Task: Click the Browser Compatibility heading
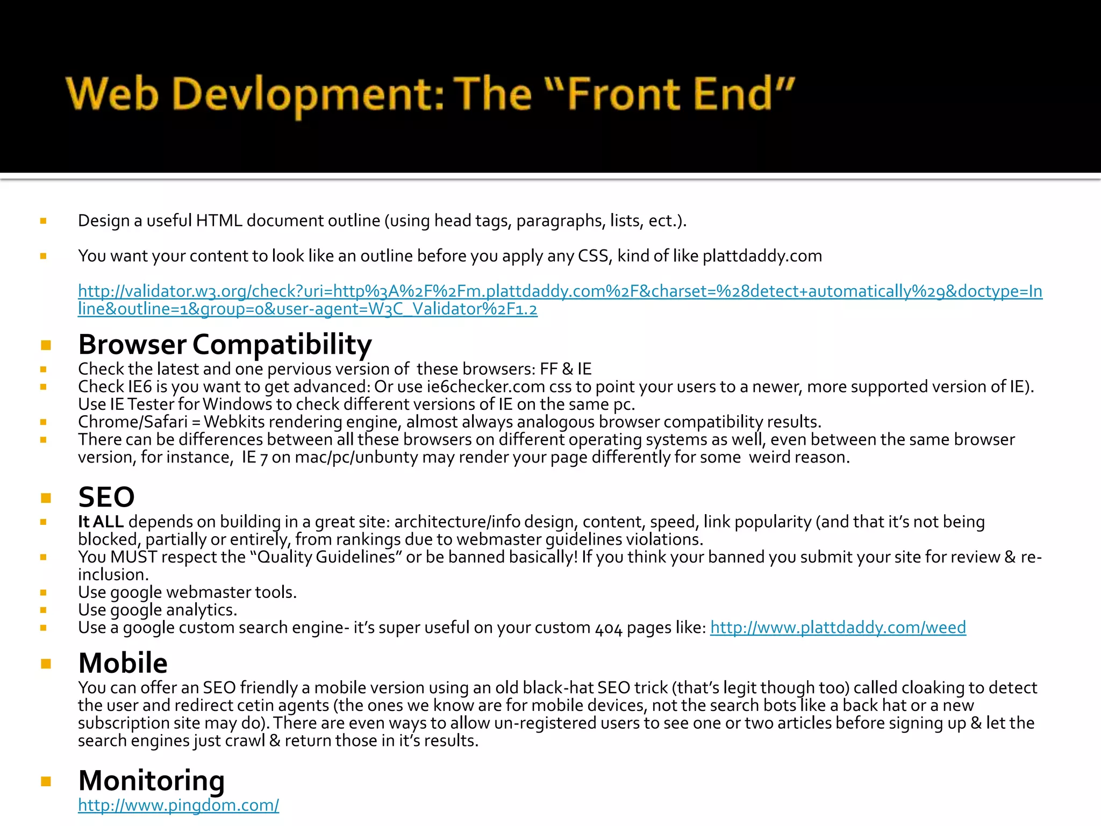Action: click(225, 344)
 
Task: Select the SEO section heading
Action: click(106, 497)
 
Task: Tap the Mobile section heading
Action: click(123, 663)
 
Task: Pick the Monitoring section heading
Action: click(151, 780)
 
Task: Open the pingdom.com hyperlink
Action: click(178, 805)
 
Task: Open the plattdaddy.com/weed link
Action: click(838, 627)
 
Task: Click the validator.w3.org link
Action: click(560, 291)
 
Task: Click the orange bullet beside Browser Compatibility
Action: click(46, 345)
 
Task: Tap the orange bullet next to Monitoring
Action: click(46, 781)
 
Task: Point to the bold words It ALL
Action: click(101, 522)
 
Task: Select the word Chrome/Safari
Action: click(132, 422)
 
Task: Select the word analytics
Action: click(201, 610)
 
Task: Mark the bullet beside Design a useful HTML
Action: click(43, 221)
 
